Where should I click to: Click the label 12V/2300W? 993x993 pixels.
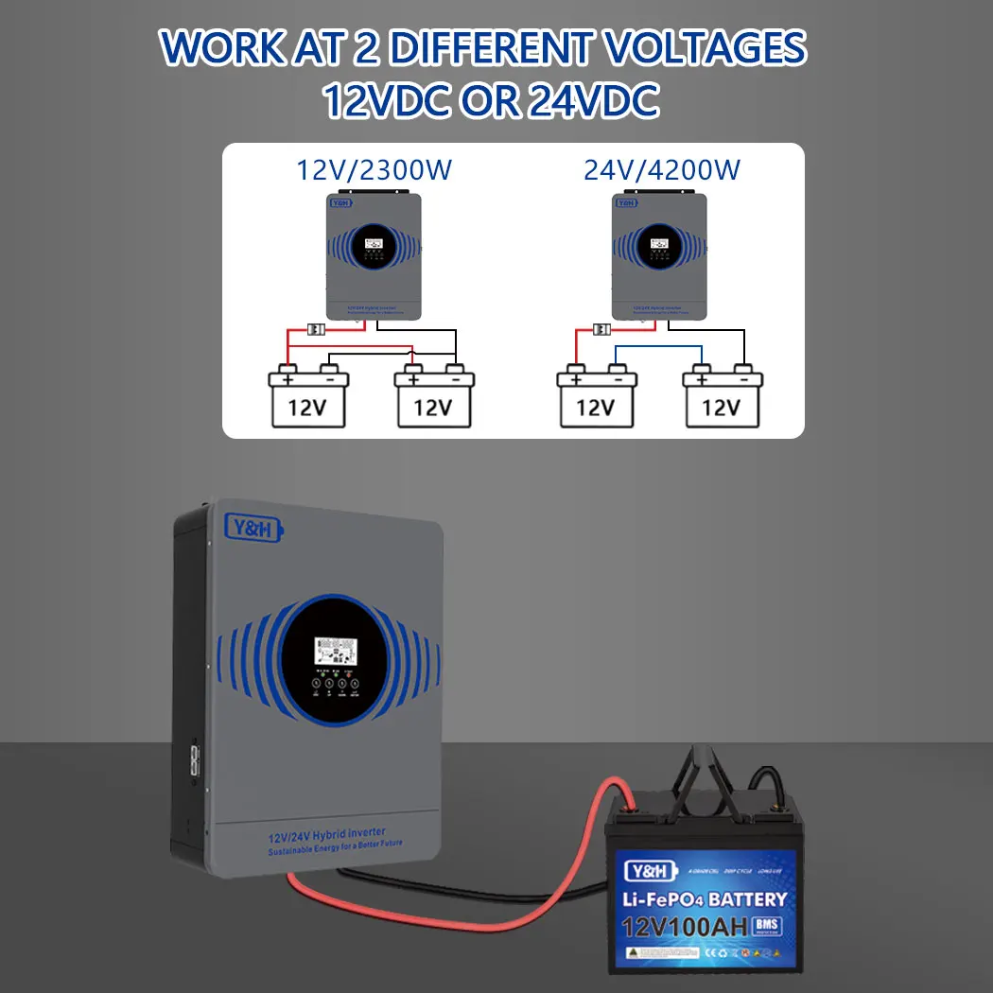click(375, 170)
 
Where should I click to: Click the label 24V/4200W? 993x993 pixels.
click(662, 170)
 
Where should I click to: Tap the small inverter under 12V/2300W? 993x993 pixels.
click(374, 255)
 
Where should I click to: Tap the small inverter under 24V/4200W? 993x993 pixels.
click(661, 255)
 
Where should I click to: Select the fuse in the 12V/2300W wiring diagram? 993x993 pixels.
click(318, 329)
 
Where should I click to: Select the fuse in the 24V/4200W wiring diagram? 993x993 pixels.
click(601, 329)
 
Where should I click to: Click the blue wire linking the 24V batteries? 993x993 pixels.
click(659, 347)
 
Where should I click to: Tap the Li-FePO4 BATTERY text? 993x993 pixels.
click(702, 899)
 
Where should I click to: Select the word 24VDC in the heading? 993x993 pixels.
click(593, 101)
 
